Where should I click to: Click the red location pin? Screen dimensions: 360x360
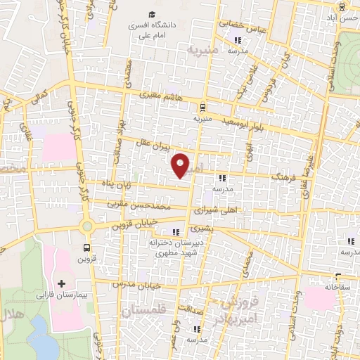181,165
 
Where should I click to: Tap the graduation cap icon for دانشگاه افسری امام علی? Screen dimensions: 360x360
152,15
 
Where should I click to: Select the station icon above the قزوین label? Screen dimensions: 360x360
86,247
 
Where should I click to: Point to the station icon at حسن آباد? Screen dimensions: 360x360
341,8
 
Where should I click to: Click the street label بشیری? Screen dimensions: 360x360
223,229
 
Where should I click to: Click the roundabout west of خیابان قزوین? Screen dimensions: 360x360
87,226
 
